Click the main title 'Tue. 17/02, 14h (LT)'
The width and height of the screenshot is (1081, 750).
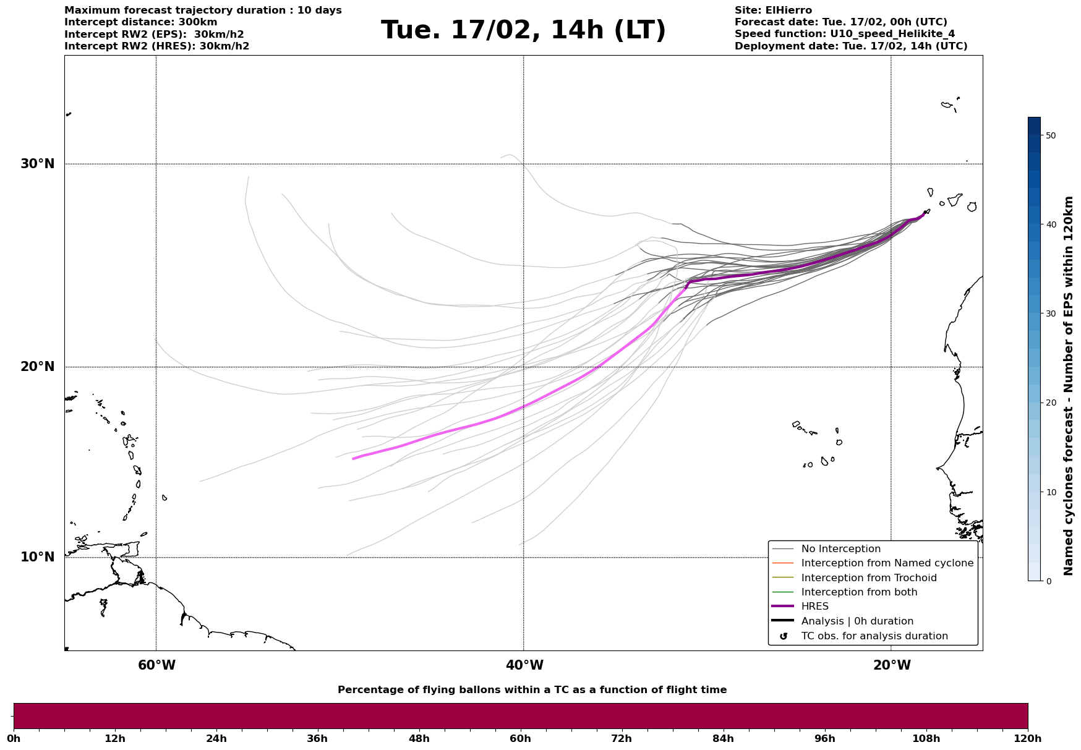click(523, 30)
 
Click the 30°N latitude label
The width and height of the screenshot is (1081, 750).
click(37, 164)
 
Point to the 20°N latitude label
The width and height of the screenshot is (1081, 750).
click(37, 367)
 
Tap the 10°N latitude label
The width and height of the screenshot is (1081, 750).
click(37, 557)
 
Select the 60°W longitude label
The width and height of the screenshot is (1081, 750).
click(156, 665)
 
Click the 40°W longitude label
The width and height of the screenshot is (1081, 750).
click(524, 665)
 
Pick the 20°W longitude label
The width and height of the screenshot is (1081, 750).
click(892, 665)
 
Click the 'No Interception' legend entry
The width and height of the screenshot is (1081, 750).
click(840, 549)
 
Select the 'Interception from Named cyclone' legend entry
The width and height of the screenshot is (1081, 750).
click(887, 563)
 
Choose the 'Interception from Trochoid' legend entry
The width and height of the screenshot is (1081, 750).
click(868, 578)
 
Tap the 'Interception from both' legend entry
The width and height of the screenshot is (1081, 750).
click(859, 592)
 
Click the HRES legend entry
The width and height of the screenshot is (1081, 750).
click(814, 607)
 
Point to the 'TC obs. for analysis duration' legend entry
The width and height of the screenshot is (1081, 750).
click(874, 636)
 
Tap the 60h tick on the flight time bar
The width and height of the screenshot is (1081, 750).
click(520, 739)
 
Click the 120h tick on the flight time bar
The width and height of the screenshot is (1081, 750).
click(1028, 739)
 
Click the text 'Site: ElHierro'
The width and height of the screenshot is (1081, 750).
click(773, 11)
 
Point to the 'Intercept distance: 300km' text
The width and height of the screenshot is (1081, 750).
click(141, 22)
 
